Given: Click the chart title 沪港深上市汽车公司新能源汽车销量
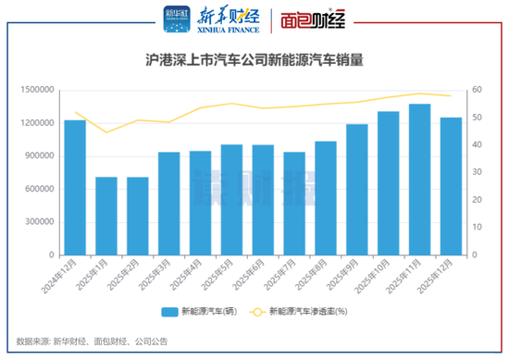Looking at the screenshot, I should (254, 61).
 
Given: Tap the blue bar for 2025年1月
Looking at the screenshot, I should (106, 216).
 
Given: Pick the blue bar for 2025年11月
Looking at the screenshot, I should (420, 180).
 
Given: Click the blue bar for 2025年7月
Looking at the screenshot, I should (294, 204).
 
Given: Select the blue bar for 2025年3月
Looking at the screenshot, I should (168, 204).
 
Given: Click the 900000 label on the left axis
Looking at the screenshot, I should (37, 155).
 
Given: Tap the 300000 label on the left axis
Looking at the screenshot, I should (37, 222).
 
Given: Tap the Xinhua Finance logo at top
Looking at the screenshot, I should (198, 19).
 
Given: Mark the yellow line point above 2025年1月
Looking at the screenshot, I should (106, 132).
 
